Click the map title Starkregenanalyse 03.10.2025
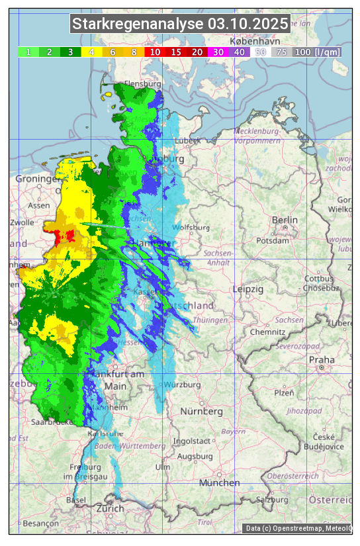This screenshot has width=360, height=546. click(x=180, y=24)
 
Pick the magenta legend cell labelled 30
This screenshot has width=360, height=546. click(x=218, y=52)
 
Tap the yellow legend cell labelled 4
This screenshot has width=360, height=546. click(x=91, y=52)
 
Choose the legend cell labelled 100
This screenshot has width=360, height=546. click(x=302, y=52)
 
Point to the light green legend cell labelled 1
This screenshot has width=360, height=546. click(x=28, y=52)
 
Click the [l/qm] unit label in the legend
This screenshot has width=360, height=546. click(x=328, y=52)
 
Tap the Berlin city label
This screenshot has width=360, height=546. click(x=285, y=220)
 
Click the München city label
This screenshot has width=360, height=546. click(x=220, y=483)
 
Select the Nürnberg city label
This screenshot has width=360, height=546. click(x=202, y=411)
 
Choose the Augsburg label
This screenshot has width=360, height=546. click(x=195, y=456)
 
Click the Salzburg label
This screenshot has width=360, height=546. click(x=271, y=500)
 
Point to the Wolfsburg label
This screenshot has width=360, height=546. click(x=191, y=228)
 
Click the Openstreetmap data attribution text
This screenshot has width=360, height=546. click(x=297, y=528)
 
